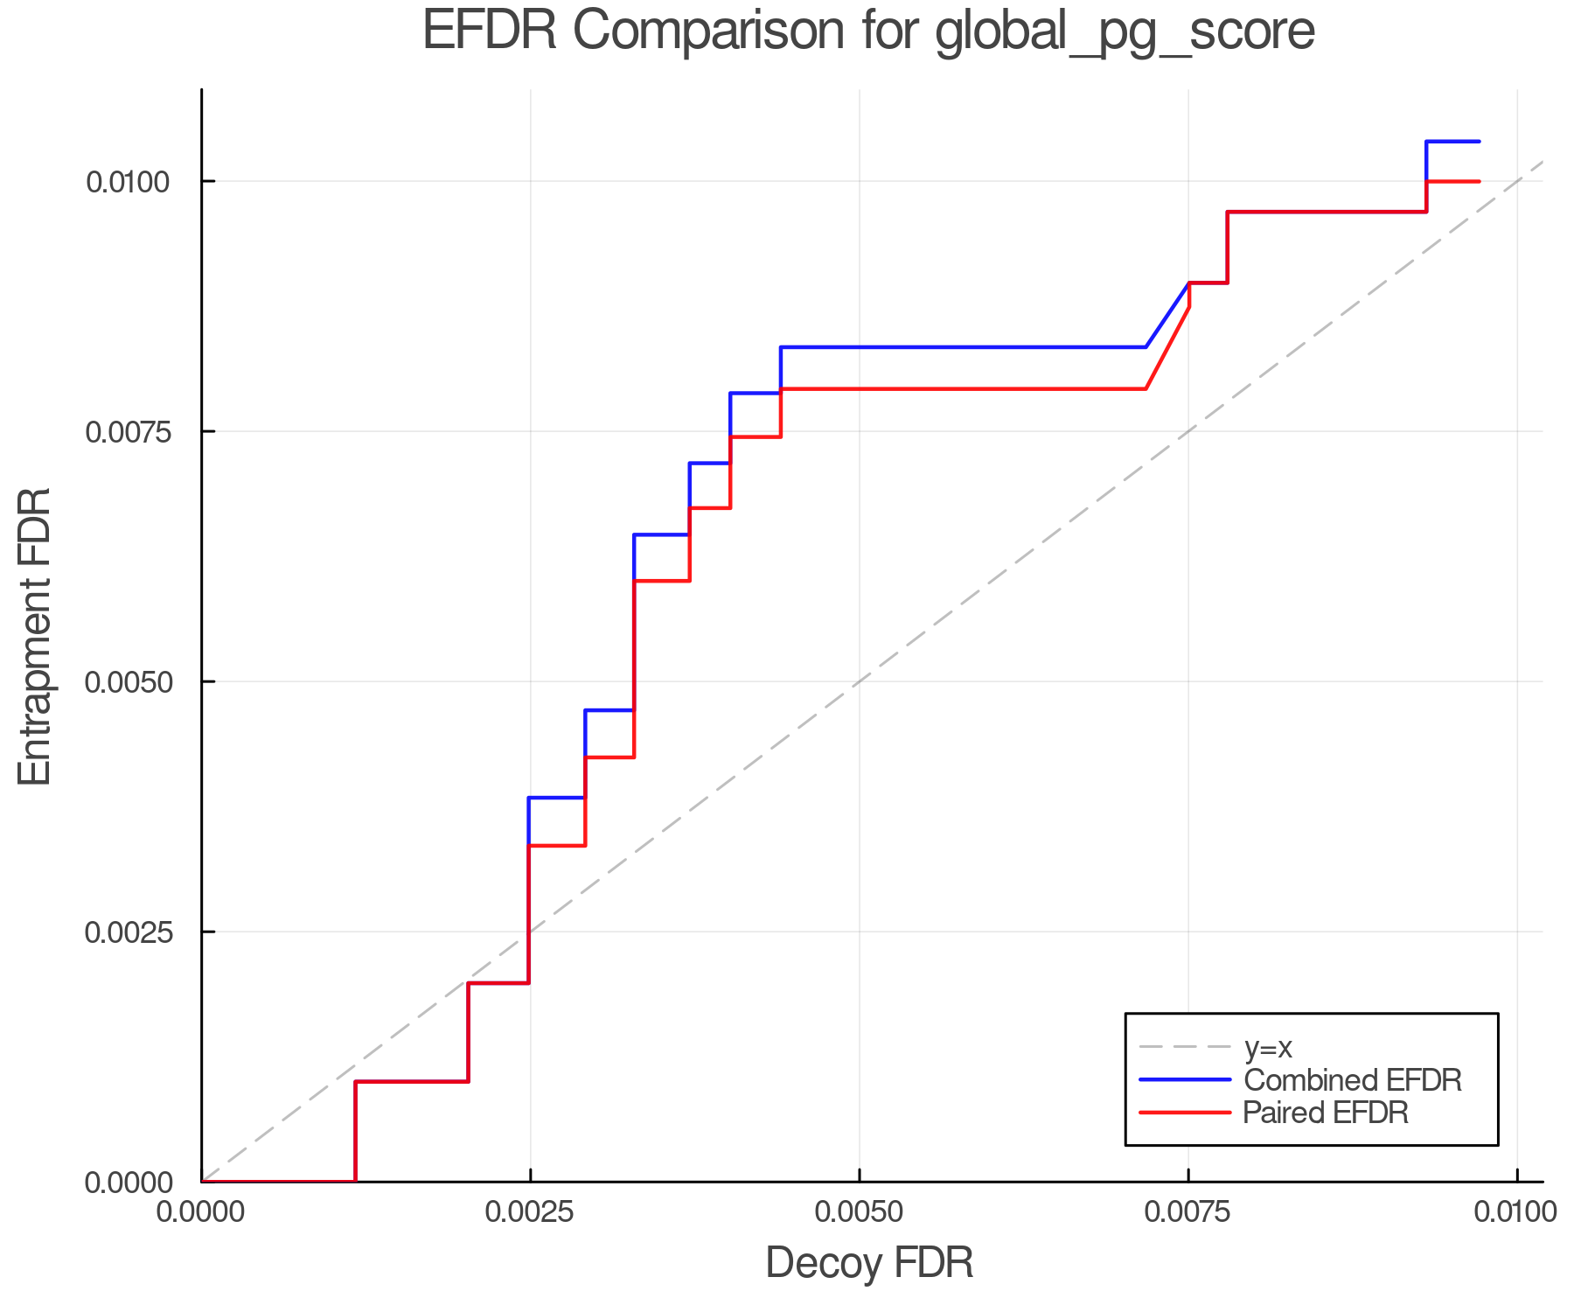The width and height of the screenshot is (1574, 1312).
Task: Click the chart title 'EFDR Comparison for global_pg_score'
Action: [x=868, y=31]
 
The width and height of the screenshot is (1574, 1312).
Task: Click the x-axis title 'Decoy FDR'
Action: [x=869, y=1263]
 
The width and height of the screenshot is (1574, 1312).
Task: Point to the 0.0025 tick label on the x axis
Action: [x=530, y=1211]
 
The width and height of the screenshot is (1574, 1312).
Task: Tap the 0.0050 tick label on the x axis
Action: [x=860, y=1211]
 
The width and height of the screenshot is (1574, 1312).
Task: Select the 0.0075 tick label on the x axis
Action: [x=1188, y=1211]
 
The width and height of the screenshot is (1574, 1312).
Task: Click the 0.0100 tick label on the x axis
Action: [x=1515, y=1211]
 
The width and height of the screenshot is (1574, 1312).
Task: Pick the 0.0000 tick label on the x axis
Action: [x=202, y=1211]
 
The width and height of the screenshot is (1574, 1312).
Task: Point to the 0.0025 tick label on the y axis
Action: [x=129, y=932]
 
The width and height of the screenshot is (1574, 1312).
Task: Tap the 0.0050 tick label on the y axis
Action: [x=129, y=682]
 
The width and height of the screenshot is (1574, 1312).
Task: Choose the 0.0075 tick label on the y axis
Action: [x=129, y=432]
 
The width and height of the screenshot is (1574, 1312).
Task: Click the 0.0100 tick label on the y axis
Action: [x=129, y=182]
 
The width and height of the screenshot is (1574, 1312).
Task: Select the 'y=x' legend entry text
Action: [x=1268, y=1047]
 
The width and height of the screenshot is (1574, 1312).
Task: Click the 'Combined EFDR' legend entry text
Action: [x=1352, y=1080]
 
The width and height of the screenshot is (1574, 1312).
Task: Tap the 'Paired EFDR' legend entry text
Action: [x=1326, y=1113]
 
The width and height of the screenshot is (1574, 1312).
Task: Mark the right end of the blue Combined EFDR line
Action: [x=1479, y=142]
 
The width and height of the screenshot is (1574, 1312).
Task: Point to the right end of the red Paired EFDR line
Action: [x=1479, y=181]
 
